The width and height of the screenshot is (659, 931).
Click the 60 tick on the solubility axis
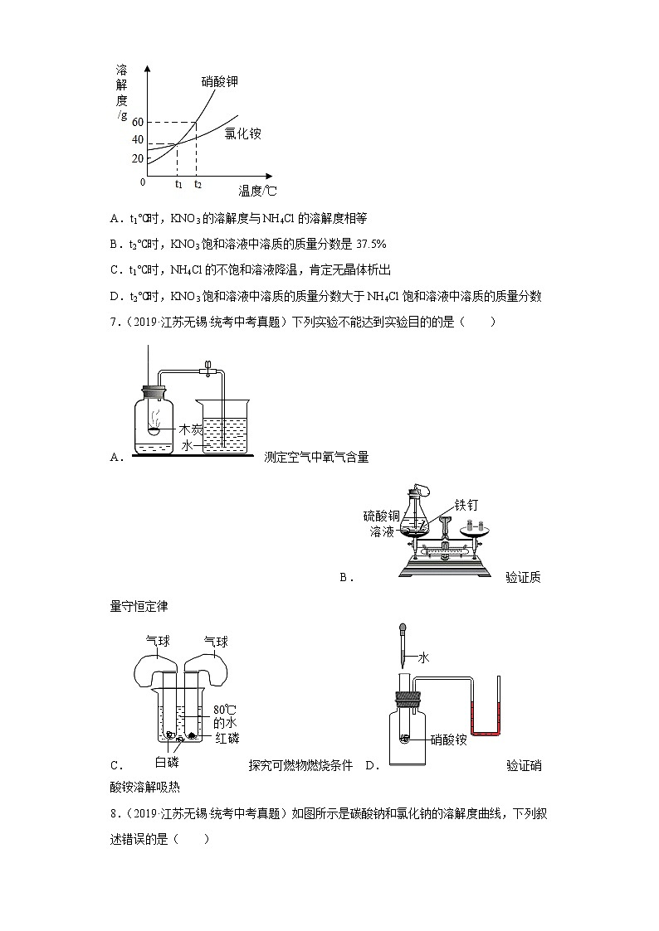(137, 123)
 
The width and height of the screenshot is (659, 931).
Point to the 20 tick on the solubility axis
(137, 159)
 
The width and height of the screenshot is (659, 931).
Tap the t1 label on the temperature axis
(178, 184)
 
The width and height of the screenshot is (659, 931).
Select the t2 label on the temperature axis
(198, 184)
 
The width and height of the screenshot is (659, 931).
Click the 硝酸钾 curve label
(225, 81)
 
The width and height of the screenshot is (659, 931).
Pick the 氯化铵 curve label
(242, 133)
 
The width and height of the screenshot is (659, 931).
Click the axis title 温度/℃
(257, 192)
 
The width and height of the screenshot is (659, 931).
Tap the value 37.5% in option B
(371, 245)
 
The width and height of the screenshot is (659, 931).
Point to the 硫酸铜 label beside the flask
(382, 516)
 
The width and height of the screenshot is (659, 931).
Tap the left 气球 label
(158, 642)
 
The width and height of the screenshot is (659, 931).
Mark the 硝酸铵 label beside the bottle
(449, 739)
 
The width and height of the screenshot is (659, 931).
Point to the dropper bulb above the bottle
(403, 630)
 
